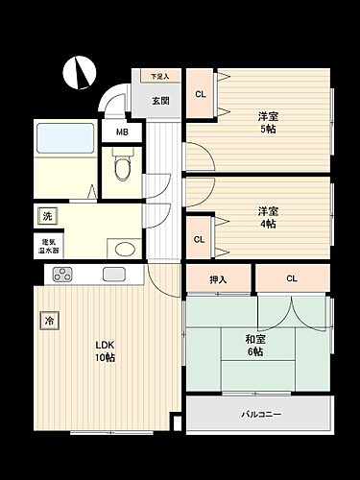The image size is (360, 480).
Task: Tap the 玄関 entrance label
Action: coord(160,100)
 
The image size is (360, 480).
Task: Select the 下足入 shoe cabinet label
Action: coord(158,77)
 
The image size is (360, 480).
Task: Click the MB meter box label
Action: coord(123,132)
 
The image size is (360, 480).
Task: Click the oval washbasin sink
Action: coord(123,249)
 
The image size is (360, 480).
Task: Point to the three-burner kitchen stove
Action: coord(62,276)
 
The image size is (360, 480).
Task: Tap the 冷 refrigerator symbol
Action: coord(47,321)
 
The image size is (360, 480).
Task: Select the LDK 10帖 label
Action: coord(106,351)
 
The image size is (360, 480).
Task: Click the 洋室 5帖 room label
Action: coord(267,122)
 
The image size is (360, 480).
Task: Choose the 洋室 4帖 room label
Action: coord(267,217)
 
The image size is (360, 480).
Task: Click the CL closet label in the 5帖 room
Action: coord(200,94)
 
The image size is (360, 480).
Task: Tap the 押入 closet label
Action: coord(218,279)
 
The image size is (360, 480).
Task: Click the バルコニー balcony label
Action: coord(259,415)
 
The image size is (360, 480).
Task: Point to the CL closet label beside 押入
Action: coord(292,279)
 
